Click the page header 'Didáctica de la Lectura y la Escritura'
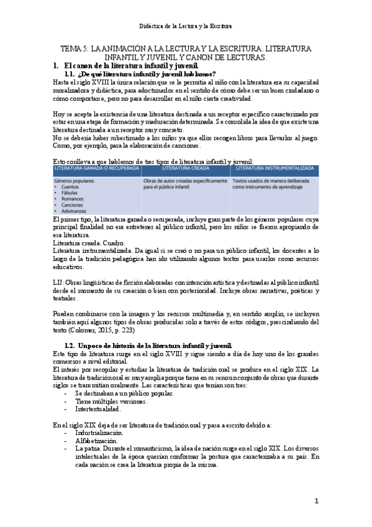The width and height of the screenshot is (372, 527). tap(186, 26)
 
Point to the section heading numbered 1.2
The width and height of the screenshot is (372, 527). tap(149, 345)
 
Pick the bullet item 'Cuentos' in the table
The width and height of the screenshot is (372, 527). tap(70, 186)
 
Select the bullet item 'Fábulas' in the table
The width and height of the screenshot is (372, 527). tap(70, 193)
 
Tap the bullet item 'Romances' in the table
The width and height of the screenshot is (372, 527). tap(72, 199)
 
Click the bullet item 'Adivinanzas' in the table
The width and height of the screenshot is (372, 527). tap(75, 211)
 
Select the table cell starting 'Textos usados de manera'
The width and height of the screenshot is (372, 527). tap(271, 183)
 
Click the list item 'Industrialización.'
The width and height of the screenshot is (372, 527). tap(99, 431)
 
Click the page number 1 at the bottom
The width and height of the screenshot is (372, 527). tap(315, 501)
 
